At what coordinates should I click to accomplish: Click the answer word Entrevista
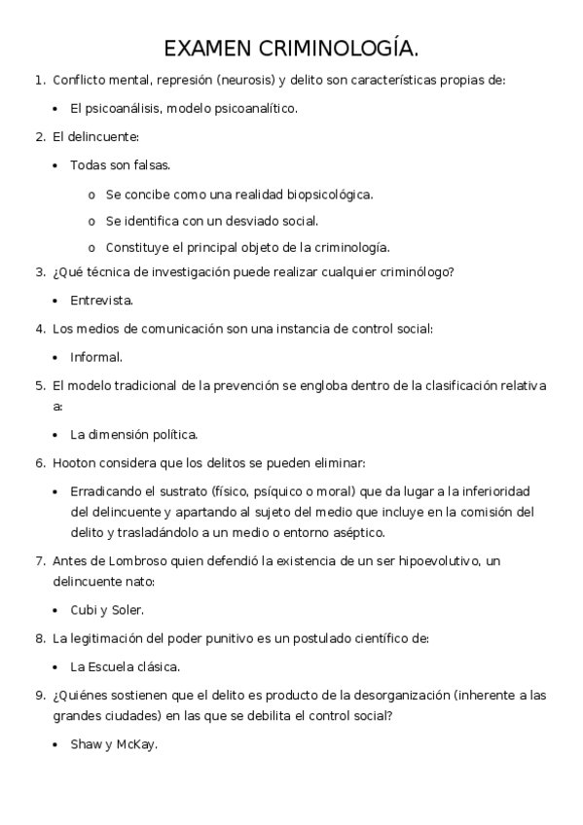[101, 301]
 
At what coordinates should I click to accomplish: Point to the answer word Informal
[96, 357]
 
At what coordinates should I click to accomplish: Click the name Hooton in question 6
[74, 461]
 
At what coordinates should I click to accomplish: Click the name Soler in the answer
[126, 610]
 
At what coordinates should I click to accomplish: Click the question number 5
[39, 385]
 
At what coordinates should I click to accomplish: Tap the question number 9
[39, 696]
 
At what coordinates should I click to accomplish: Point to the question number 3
[39, 272]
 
